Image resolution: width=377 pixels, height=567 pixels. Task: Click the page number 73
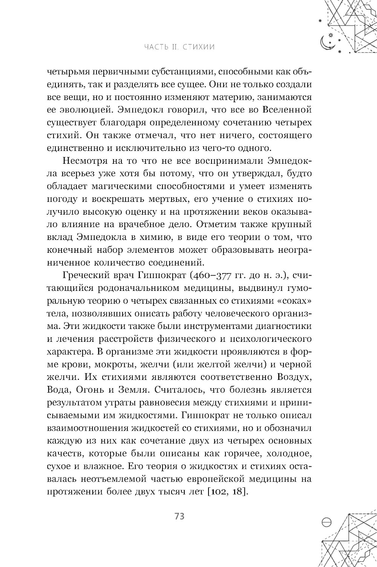[x=179, y=516]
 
